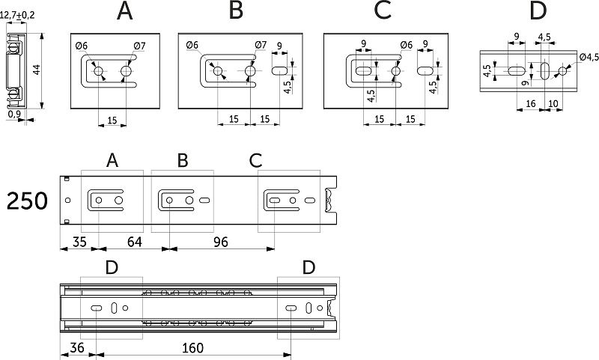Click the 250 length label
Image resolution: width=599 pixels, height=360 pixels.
tap(28, 201)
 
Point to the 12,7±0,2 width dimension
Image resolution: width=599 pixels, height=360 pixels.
tap(19, 14)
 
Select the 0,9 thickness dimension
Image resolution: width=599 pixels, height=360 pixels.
tap(13, 115)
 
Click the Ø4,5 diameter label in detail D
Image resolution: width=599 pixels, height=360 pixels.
tap(588, 57)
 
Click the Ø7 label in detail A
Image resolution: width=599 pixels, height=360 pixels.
tap(140, 46)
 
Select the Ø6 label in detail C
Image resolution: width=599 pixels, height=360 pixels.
tap(407, 45)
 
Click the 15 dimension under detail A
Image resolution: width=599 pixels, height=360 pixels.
tap(112, 118)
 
